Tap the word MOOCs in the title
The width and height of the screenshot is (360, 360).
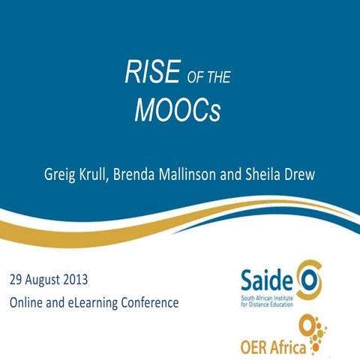pyautogui.click(x=178, y=109)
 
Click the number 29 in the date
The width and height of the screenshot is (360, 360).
pyautogui.click(x=17, y=281)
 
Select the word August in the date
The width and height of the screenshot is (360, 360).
pyautogui.click(x=52, y=281)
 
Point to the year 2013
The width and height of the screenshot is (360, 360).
pyautogui.click(x=95, y=281)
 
